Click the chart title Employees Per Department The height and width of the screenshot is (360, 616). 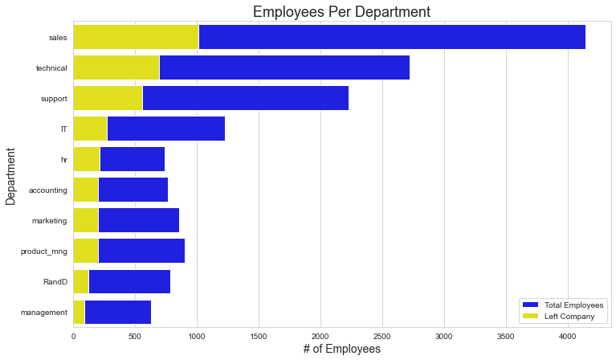(x=342, y=11)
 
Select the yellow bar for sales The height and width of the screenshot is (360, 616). (x=136, y=37)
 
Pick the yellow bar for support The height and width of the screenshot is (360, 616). (x=108, y=98)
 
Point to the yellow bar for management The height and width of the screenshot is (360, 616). (x=79, y=312)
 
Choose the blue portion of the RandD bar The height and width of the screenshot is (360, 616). (x=129, y=281)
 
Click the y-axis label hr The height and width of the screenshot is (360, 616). (x=63, y=160)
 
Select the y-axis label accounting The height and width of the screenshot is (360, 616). (x=47, y=190)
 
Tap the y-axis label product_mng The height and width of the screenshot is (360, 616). (x=44, y=252)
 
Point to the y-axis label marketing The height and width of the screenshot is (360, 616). (x=49, y=221)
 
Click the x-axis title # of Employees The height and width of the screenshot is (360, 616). (x=342, y=349)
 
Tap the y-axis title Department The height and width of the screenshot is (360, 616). (x=11, y=175)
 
